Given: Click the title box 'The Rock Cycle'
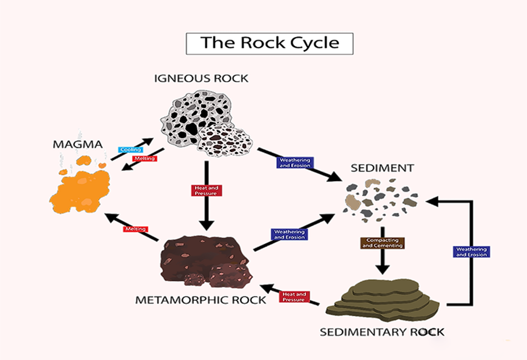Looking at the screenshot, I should [x=269, y=43].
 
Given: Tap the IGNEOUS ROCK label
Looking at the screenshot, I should [x=201, y=79].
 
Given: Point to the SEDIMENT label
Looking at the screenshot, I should [x=382, y=168].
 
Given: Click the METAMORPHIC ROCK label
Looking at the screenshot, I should [x=201, y=300].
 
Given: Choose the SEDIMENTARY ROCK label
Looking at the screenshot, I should [x=382, y=332].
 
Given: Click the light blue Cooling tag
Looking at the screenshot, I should [x=128, y=150].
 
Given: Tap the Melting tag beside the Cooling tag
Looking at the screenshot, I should [x=144, y=158].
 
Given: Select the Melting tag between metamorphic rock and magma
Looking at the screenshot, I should [x=135, y=229].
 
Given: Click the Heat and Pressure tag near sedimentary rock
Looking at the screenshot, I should [x=294, y=297].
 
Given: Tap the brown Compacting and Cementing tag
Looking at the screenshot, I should [x=382, y=243].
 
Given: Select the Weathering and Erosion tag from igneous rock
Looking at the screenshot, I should [x=295, y=163].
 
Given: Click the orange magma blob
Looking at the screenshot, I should [x=81, y=188].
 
